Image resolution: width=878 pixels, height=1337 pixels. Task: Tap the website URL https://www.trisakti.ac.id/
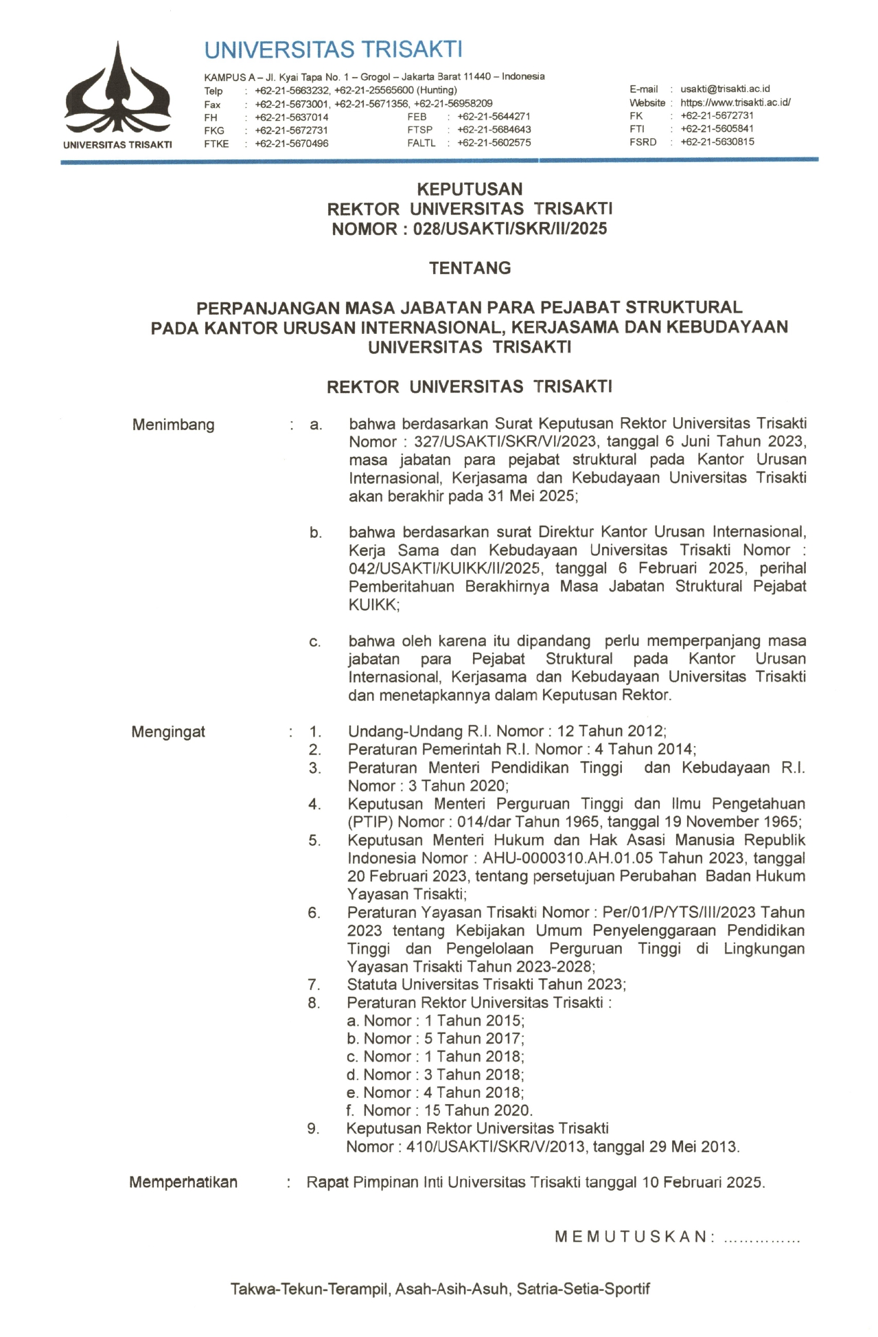(735, 102)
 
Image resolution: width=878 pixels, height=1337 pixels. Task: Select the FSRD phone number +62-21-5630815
(717, 142)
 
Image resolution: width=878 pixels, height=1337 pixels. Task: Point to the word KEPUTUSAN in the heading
(470, 189)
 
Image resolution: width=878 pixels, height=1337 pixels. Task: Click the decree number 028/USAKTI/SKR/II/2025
(510, 229)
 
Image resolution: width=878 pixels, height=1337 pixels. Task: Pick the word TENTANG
(470, 268)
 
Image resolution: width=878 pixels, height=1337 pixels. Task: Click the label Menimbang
(173, 425)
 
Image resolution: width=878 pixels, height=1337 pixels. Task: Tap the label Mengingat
(168, 732)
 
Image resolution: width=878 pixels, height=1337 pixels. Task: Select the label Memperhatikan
(183, 1182)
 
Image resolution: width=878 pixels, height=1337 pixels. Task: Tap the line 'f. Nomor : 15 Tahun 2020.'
(439, 1110)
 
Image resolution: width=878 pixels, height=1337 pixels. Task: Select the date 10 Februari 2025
(703, 1182)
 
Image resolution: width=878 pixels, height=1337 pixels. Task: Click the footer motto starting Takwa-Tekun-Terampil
(440, 1289)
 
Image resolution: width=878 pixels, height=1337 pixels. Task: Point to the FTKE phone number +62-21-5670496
(291, 144)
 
